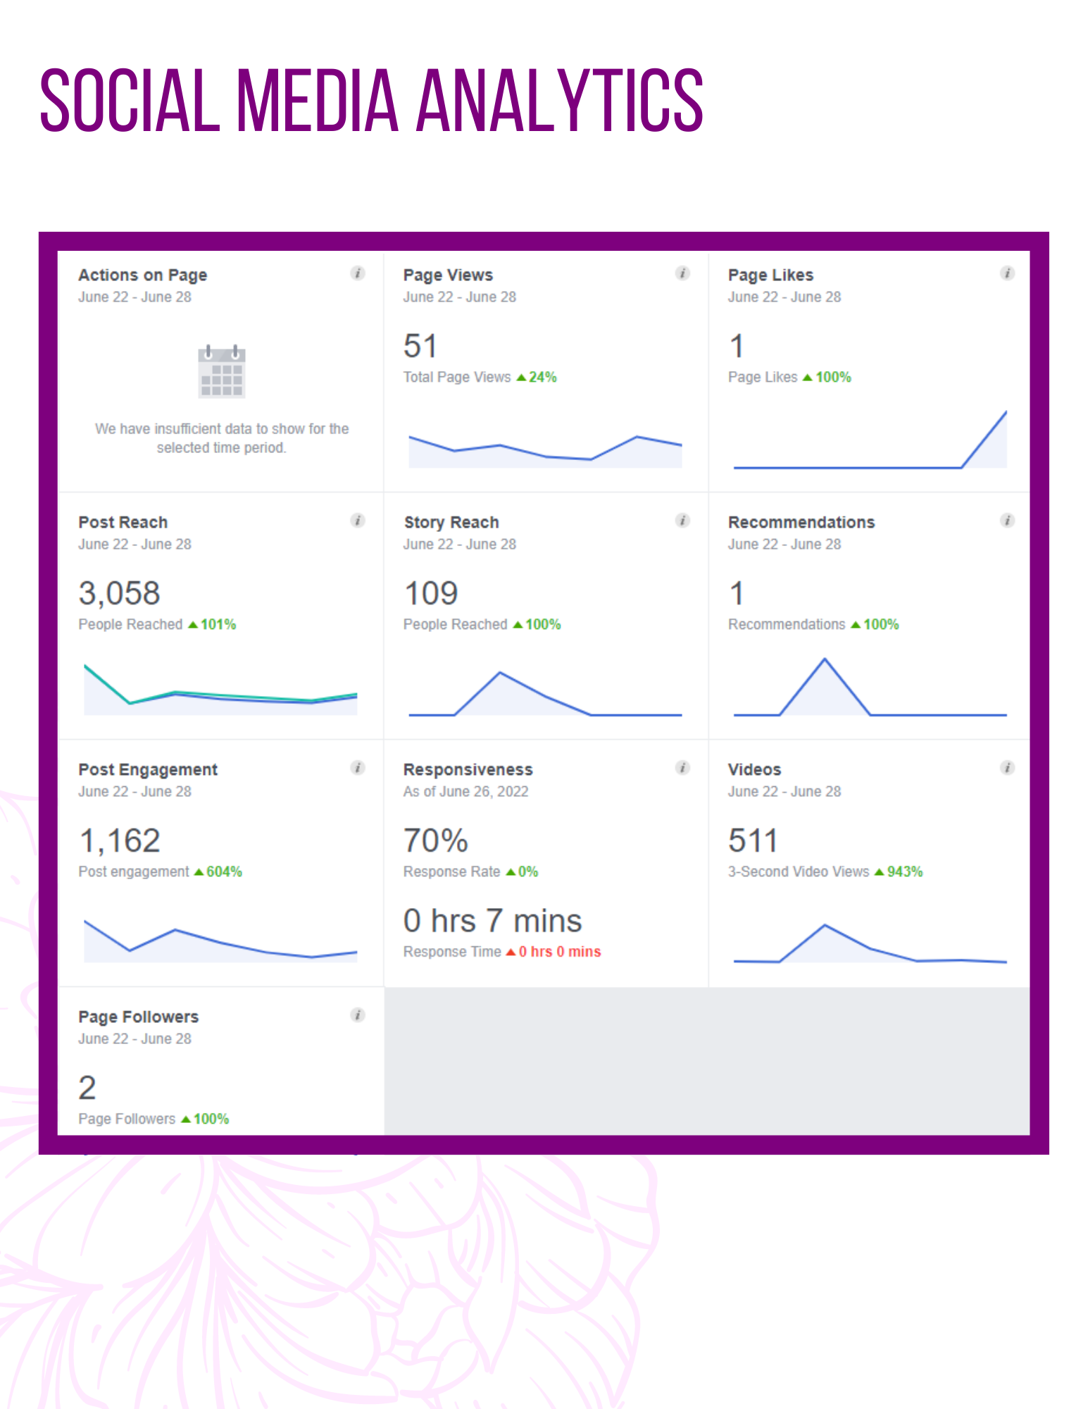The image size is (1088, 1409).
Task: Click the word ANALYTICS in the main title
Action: pyautogui.click(x=560, y=100)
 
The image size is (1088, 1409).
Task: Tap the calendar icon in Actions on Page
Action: pyautogui.click(x=222, y=371)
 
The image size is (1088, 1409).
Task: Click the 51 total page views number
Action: pyautogui.click(x=420, y=346)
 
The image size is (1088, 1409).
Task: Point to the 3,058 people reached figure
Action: pyautogui.click(x=119, y=593)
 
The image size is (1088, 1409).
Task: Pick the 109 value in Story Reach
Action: pyautogui.click(x=431, y=593)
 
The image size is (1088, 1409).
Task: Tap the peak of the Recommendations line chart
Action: pyautogui.click(x=825, y=659)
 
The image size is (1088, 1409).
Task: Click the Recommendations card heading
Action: pyautogui.click(x=801, y=522)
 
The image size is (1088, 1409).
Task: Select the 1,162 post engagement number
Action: pyautogui.click(x=119, y=840)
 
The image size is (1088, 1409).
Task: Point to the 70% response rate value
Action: pyautogui.click(x=436, y=840)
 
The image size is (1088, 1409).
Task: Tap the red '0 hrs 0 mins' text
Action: pyautogui.click(x=560, y=952)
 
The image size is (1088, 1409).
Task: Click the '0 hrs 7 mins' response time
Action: pyautogui.click(x=493, y=921)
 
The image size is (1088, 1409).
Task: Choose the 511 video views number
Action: pyautogui.click(x=753, y=840)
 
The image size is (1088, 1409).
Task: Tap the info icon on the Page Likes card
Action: pyautogui.click(x=1008, y=273)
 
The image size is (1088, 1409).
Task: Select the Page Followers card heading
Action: pyautogui.click(x=139, y=1017)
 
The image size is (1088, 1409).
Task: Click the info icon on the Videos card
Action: pyautogui.click(x=1008, y=767)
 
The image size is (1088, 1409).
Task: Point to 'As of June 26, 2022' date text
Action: pyautogui.click(x=465, y=791)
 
